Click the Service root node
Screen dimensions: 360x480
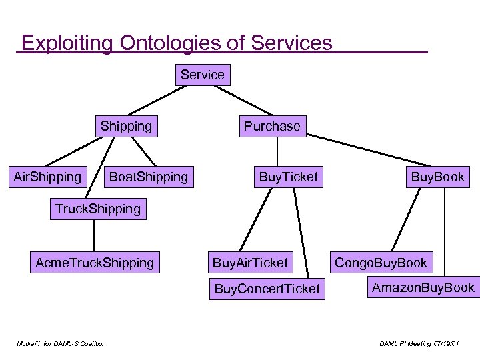[x=203, y=75]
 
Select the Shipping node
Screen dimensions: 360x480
[x=126, y=125]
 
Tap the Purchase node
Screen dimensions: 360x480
[x=272, y=125]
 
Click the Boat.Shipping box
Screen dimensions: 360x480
[x=148, y=177]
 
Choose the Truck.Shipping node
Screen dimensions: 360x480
[x=97, y=209]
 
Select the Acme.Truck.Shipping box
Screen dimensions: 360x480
[x=94, y=263]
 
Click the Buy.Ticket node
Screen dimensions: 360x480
[x=288, y=177]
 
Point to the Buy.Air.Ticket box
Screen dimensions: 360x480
[x=250, y=263]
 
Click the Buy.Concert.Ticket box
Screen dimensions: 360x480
[x=267, y=289]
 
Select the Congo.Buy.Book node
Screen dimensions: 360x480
[x=381, y=262]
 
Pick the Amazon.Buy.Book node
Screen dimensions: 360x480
[x=423, y=287]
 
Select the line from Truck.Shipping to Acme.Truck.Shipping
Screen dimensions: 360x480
[x=94, y=236]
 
